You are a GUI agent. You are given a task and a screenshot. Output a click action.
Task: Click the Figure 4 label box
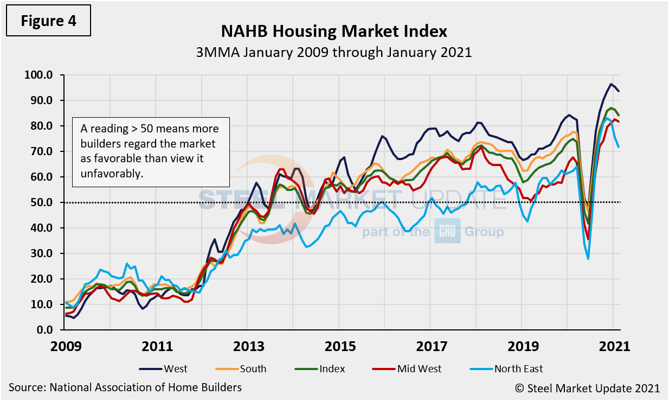click(x=48, y=21)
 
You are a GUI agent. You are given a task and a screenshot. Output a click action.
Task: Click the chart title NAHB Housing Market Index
click(x=334, y=31)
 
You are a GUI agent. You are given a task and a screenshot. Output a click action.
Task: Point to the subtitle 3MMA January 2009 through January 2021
click(x=334, y=53)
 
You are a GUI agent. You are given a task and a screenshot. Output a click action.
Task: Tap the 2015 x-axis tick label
click(x=339, y=346)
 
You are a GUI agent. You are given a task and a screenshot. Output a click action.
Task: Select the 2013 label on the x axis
click(x=247, y=346)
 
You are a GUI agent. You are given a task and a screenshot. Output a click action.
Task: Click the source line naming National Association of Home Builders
click(x=125, y=387)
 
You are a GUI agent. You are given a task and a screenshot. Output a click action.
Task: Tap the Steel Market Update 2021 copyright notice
click(x=587, y=387)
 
